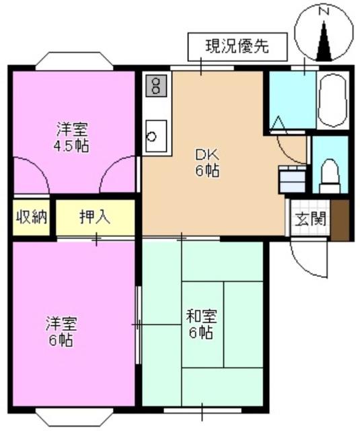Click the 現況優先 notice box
(238, 46)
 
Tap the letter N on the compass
(324, 11)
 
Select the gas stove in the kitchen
(156, 86)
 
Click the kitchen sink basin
(156, 136)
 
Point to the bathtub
(333, 100)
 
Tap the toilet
(330, 176)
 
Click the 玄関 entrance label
(310, 219)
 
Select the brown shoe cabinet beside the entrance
(340, 220)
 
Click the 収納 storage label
(32, 217)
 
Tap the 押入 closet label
(95, 217)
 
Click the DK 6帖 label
(207, 164)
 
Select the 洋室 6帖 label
(61, 331)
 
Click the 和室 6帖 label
(201, 324)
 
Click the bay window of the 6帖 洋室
(74, 416)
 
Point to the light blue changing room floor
(293, 100)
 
